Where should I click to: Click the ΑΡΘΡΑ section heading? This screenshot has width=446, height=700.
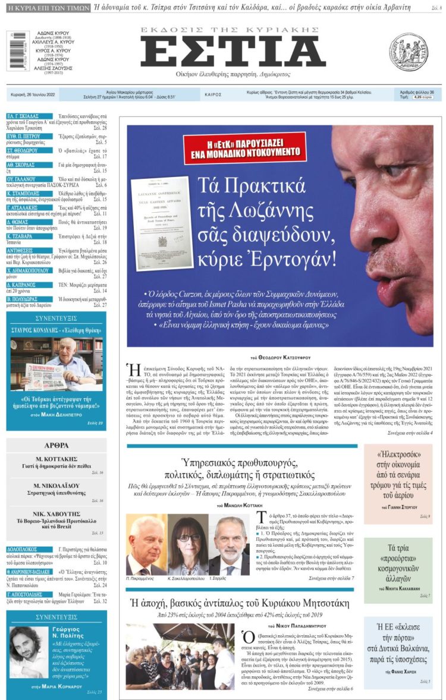(56, 445)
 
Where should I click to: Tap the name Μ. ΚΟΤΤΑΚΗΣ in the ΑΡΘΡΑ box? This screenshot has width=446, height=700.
(57, 459)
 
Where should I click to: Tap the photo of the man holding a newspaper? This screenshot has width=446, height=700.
(56, 363)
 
